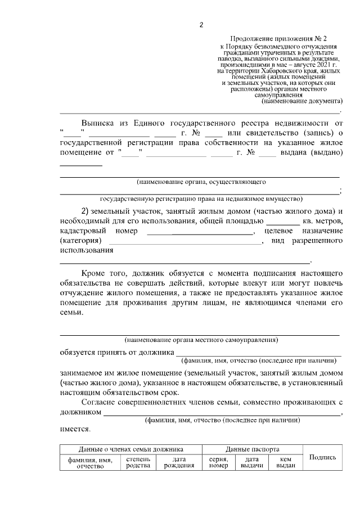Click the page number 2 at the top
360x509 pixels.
click(x=201, y=25)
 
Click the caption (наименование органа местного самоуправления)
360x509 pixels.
click(x=201, y=340)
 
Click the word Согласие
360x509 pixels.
click(x=103, y=402)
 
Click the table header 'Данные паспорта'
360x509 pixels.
click(x=253, y=449)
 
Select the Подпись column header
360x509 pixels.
click(x=323, y=458)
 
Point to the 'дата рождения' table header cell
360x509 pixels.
click(x=175, y=462)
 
